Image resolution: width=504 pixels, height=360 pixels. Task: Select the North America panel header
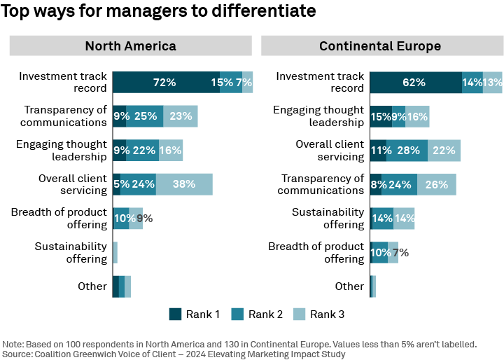130,46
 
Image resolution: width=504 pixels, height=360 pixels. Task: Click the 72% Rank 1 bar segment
165,82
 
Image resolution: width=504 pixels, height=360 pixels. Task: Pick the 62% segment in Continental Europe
415,82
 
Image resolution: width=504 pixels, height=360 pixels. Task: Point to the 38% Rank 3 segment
183,184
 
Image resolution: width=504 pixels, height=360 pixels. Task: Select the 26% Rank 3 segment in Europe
436,184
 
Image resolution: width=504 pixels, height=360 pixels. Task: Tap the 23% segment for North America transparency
180,116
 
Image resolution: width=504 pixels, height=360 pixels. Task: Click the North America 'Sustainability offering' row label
71,252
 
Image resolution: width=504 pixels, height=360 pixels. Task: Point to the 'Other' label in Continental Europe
349,286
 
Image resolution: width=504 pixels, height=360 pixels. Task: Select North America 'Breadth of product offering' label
59,218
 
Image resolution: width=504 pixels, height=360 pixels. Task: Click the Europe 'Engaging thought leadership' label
318,116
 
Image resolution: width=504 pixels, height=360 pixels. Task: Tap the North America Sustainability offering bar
115,252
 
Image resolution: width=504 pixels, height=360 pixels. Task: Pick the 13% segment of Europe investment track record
492,82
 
